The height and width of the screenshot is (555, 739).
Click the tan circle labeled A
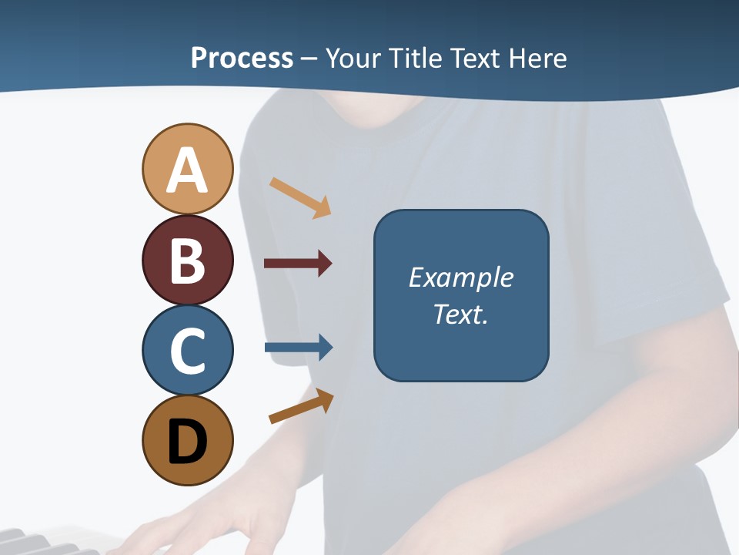(187, 169)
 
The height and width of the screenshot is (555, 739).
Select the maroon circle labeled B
(187, 260)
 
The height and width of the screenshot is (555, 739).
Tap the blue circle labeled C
(187, 350)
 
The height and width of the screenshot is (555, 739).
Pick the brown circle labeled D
(187, 440)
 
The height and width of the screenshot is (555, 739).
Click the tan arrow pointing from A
(300, 197)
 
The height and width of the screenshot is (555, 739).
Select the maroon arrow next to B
(298, 264)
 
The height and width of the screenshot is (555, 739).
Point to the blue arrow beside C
(299, 348)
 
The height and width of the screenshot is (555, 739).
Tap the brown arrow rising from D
(301, 407)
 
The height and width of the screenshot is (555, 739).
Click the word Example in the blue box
(460, 277)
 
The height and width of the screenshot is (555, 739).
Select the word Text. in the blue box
(460, 314)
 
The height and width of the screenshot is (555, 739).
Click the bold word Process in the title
(242, 58)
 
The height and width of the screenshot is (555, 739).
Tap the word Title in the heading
(416, 58)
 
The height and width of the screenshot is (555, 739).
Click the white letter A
(187, 170)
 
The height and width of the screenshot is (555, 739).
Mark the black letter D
(187, 442)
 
